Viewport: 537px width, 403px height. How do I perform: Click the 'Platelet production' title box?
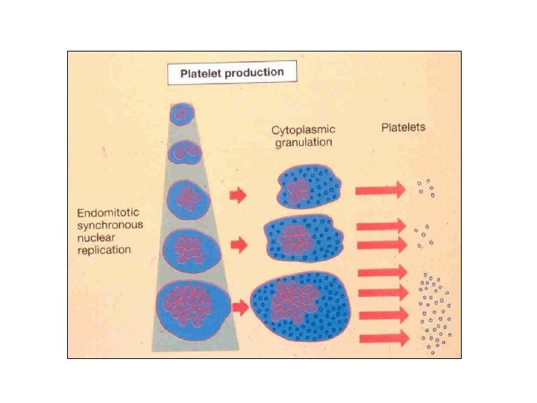[231, 73]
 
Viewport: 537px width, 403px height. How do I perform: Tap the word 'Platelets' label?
[403, 127]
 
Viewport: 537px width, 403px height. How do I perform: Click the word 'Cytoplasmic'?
[303, 131]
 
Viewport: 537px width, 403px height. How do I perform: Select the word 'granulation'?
[302, 142]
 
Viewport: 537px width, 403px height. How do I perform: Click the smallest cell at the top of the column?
[180, 113]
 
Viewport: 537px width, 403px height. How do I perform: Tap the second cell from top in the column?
[183, 154]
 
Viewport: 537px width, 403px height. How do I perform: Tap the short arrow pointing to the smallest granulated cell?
[238, 195]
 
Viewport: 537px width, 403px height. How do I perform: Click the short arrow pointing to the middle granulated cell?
[238, 244]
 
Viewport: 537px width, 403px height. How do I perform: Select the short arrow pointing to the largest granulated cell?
[240, 305]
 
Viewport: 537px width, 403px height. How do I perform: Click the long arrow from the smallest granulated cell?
[380, 190]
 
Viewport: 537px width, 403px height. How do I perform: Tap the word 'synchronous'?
[111, 225]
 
